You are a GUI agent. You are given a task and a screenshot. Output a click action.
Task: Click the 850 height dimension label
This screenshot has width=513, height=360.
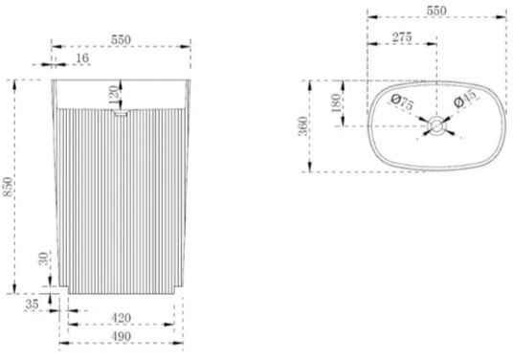coord(8,187)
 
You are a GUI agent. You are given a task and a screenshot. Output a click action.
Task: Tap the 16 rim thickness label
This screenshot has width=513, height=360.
coord(82,58)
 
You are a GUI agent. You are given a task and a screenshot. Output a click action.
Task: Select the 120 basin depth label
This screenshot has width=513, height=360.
coord(113,94)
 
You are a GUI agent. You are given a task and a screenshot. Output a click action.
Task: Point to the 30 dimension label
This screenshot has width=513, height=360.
coord(44,259)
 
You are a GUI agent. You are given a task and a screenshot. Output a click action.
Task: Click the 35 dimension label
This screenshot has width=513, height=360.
coord(33,304)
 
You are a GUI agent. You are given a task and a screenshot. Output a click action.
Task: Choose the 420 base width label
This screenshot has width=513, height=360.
coord(121,318)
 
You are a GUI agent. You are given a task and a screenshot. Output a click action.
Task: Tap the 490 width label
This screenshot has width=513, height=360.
coord(121,336)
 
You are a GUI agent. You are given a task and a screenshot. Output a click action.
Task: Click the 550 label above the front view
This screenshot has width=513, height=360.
coord(121,40)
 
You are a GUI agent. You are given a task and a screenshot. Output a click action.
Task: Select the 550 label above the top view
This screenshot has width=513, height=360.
coord(436,11)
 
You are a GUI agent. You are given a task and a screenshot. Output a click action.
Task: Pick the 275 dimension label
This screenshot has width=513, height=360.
coord(402,37)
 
